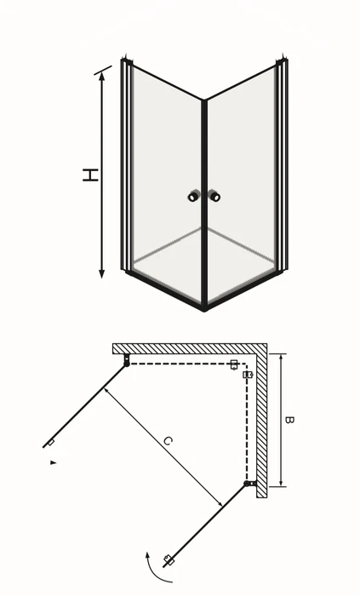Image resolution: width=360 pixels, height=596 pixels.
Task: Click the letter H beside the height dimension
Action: [91, 175]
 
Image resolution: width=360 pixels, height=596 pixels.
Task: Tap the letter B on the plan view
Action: [289, 420]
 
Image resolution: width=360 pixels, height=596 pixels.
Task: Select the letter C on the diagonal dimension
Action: [168, 441]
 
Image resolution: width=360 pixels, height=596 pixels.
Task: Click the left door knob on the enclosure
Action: [193, 196]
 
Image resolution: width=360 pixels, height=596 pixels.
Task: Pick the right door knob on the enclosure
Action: [215, 196]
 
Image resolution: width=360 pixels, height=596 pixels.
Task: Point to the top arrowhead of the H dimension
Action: [102, 76]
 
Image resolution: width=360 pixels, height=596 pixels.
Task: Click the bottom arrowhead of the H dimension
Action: [102, 273]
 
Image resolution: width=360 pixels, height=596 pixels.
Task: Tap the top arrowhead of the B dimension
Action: [281, 358]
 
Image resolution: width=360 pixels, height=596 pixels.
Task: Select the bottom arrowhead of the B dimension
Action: [281, 483]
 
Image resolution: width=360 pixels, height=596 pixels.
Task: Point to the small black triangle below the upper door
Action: [53, 462]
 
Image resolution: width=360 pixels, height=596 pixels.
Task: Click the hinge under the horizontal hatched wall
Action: [127, 360]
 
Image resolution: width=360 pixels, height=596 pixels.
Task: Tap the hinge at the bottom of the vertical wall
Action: [250, 484]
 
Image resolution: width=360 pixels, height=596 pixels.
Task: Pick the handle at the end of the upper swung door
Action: [50, 443]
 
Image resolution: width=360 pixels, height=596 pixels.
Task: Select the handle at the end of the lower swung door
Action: [169, 560]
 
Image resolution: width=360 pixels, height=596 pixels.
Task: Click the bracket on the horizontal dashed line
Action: [234, 364]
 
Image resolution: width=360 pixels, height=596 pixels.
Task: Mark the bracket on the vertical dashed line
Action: [248, 375]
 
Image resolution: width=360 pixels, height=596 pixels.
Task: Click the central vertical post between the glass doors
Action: [204, 205]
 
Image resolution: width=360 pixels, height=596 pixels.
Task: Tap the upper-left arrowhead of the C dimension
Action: [106, 390]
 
